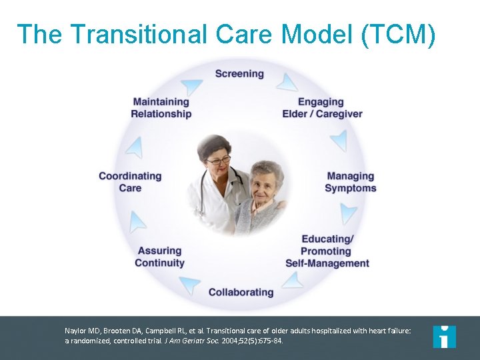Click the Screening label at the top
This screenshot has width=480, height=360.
239,73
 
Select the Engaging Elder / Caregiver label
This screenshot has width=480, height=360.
322,108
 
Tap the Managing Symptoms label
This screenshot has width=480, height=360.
350,182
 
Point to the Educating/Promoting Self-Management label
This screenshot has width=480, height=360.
327,251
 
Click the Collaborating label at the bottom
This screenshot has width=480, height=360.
241,292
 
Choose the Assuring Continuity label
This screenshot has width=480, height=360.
159,257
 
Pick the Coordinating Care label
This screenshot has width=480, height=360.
130,182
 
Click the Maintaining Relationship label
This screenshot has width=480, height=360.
161,108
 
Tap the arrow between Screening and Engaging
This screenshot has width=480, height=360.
287,83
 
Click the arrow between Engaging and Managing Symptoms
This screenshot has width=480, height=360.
339,141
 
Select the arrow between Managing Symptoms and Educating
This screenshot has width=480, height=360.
348,213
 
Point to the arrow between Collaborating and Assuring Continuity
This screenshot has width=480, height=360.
190,285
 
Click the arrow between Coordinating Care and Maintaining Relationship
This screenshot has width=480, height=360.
135,147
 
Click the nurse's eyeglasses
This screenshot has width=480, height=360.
218,161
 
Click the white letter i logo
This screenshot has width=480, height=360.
444,337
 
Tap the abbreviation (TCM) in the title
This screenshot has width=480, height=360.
398,35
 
